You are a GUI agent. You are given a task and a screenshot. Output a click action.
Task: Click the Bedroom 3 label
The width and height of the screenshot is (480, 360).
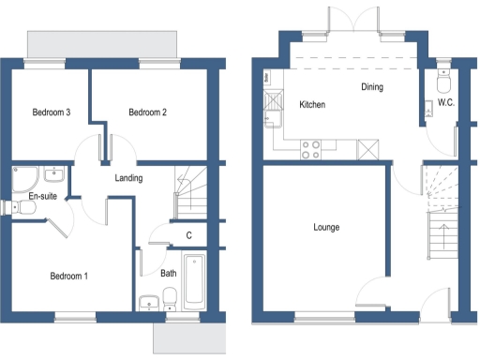coord(52,112)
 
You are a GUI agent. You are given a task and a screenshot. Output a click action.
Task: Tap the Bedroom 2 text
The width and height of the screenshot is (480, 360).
coord(147,112)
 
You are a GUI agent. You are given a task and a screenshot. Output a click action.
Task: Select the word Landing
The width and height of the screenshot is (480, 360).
coord(128,177)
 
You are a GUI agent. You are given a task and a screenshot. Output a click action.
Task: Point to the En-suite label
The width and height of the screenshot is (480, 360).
coord(43,196)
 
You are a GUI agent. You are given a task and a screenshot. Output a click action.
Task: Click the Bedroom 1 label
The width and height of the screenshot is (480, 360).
coord(68,276)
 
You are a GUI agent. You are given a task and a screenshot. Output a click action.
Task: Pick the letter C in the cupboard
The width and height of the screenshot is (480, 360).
coord(189,235)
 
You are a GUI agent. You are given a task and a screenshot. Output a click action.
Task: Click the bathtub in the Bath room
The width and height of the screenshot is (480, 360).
coord(195,281)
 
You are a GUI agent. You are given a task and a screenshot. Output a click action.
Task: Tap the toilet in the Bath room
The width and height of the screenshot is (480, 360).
coord(170,299)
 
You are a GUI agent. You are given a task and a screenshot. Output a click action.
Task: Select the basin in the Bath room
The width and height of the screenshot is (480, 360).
coord(148,302)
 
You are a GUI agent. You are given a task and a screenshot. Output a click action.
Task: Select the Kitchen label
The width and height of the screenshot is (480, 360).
coord(312,105)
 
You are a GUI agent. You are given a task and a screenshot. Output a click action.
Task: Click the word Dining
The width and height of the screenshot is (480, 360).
coord(372,87)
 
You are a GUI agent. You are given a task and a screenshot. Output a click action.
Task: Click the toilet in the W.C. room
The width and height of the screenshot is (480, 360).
coord(443,75)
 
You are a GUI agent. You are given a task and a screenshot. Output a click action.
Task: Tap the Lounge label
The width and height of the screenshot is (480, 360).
coord(325,228)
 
